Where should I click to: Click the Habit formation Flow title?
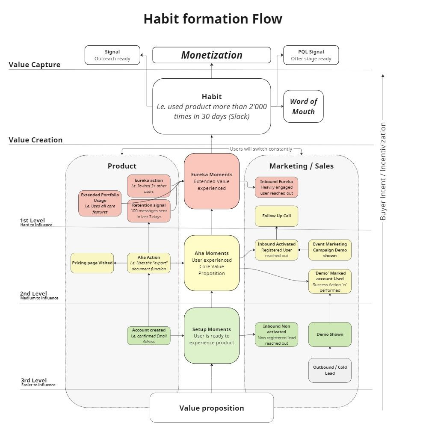pos(213,19)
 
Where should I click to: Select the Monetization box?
pos(212,55)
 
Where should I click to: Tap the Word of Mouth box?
pos(303,107)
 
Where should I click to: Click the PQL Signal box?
pos(311,55)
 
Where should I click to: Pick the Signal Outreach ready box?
pos(112,55)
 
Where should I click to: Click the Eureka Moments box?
pos(212,181)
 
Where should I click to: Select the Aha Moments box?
pos(212,263)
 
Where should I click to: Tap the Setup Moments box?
pos(212,336)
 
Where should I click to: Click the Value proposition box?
pos(212,408)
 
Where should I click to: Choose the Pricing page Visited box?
pos(92,263)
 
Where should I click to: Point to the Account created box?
pos(149,336)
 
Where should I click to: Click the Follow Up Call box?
pos(276,216)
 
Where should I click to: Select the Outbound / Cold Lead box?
pos(330,370)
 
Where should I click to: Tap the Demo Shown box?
pos(330,334)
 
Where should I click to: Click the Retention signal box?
pos(149,211)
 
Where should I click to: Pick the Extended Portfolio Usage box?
pos(100,204)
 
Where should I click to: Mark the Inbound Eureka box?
pos(276,187)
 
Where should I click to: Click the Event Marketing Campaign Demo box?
pos(330,250)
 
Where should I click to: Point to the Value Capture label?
pos(35,65)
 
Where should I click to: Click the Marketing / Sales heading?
pos(301,166)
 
